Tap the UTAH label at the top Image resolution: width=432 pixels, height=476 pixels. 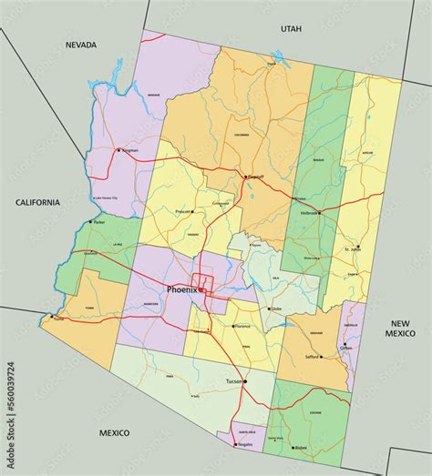(290, 28)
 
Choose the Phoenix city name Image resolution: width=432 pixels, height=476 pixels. (181, 289)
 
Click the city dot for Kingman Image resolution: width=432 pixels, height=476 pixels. (118, 150)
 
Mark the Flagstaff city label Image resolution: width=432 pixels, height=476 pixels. (257, 177)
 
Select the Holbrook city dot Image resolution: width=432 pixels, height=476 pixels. (319, 213)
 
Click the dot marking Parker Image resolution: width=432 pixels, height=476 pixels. (90, 222)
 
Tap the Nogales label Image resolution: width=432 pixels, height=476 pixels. (243, 445)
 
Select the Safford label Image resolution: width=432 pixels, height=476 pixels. (311, 357)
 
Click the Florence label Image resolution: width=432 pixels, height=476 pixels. (241, 325)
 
